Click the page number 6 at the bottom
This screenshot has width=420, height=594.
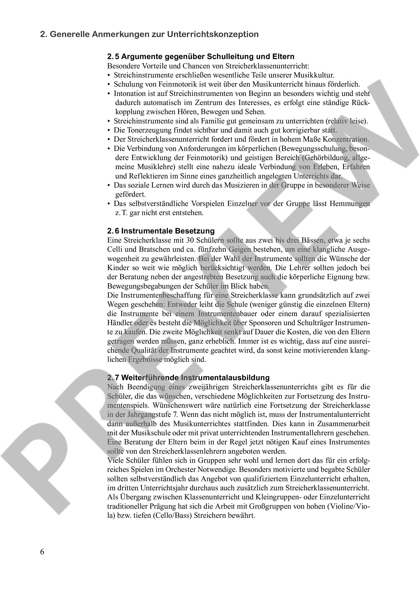pyautogui.click(x=42, y=552)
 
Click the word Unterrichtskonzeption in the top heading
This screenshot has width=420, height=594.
pyautogui.click(x=213, y=35)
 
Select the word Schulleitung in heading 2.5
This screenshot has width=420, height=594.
pyautogui.click(x=231, y=57)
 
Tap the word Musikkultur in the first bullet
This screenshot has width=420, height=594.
pyautogui.click(x=314, y=75)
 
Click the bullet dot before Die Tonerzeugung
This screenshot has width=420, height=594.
pyautogui.click(x=109, y=130)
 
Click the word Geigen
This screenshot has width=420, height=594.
pyautogui.click(x=240, y=249)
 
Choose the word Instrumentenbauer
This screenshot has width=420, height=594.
pyautogui.click(x=228, y=314)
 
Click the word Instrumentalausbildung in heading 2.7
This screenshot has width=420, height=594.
pyautogui.click(x=225, y=378)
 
